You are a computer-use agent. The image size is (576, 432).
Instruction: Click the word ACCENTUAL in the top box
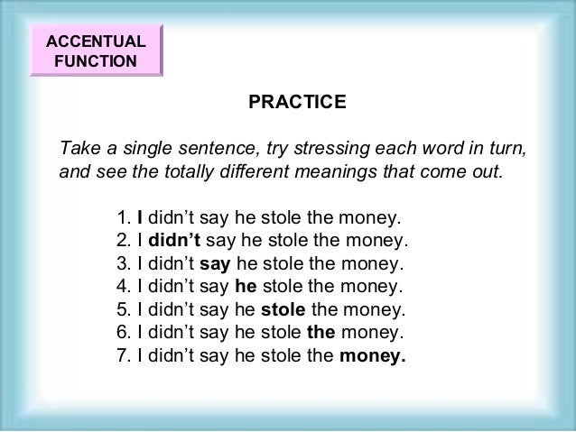point(95,41)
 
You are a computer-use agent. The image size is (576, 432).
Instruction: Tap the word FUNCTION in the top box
point(95,62)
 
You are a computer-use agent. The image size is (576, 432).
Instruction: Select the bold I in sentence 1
point(140,218)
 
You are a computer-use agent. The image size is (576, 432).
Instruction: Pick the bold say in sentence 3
point(214,265)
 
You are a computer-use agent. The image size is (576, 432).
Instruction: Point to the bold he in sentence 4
point(245,289)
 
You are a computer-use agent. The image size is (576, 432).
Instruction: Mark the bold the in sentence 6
point(321,334)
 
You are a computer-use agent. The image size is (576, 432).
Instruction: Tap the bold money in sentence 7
point(372,356)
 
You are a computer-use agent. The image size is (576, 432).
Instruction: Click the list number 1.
point(124,218)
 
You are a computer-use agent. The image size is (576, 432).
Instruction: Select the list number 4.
point(124,289)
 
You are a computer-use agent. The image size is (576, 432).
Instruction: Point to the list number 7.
point(124,356)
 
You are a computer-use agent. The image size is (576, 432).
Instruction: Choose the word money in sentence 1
point(365,218)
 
